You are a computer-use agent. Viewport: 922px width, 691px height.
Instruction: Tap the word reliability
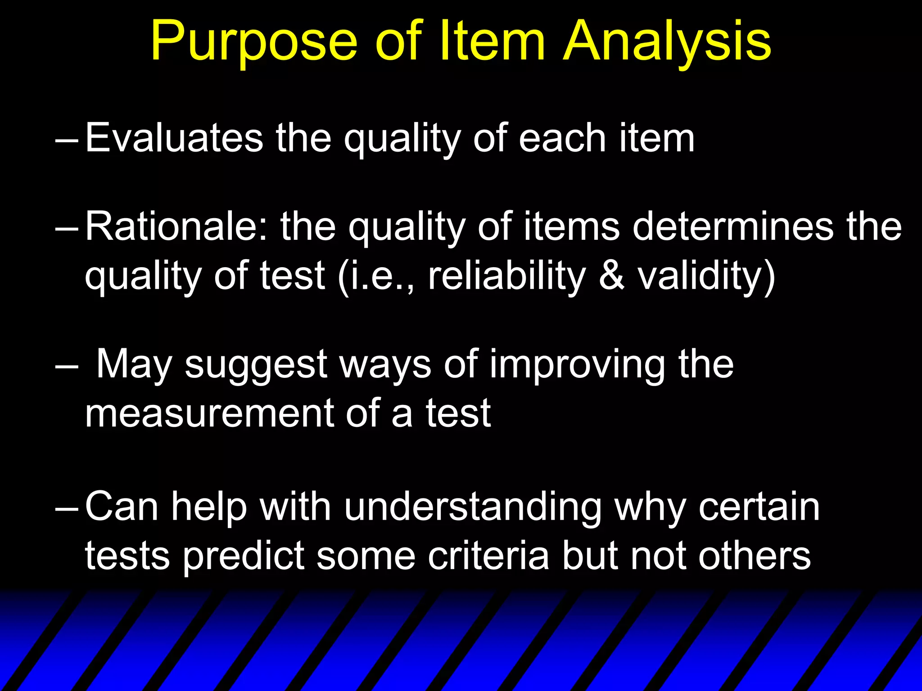point(507,275)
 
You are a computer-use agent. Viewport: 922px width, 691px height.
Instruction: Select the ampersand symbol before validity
point(612,275)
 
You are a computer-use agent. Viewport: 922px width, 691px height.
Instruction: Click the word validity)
point(707,275)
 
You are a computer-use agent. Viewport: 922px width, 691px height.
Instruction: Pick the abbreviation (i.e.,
point(376,275)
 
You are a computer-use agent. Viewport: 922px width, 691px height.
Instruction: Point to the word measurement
point(209,413)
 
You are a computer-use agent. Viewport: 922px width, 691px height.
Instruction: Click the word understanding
point(473,507)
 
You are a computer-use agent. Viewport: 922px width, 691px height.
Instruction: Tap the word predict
point(244,556)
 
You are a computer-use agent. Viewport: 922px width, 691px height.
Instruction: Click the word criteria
point(488,556)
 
